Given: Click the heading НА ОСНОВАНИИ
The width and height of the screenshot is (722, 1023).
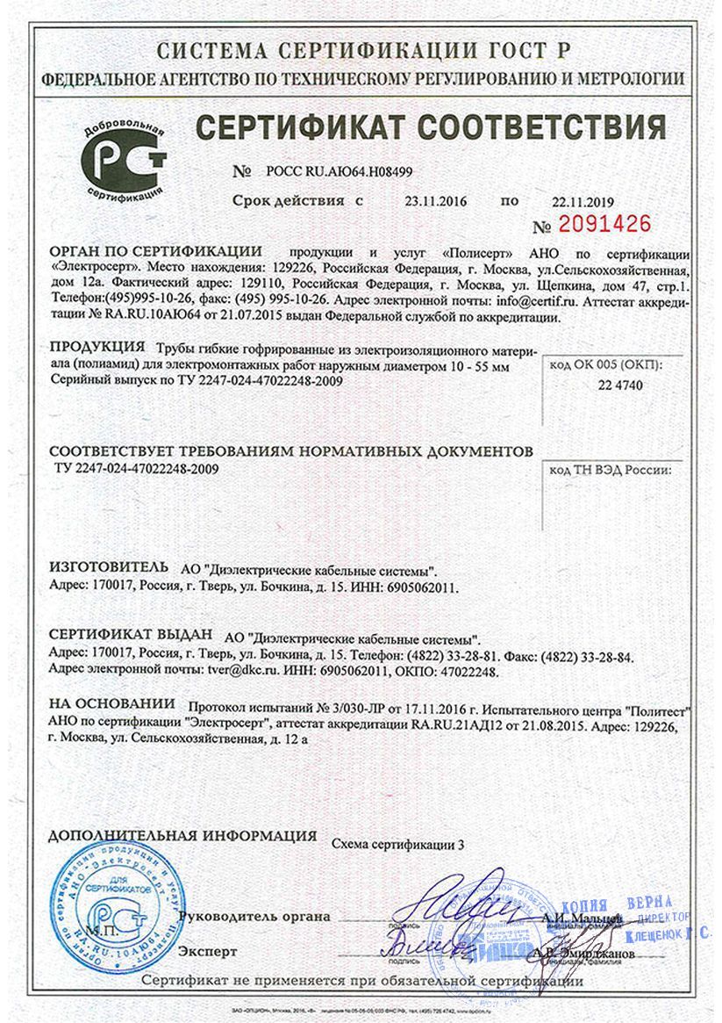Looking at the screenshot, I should click(112, 704).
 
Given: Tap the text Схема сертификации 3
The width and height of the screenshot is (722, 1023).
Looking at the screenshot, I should click(397, 844).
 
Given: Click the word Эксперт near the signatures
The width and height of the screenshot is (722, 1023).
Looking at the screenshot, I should click(208, 951).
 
